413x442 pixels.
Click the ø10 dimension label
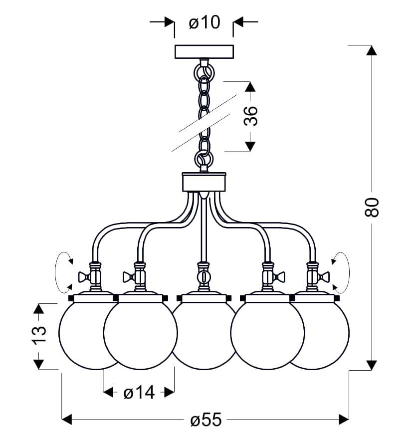[x=205, y=22]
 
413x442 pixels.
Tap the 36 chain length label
[x=252, y=116]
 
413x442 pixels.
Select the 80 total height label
[x=372, y=207]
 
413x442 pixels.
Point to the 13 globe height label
[x=39, y=334]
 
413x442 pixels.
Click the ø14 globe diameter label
[x=138, y=393]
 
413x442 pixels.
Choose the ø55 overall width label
[x=205, y=420]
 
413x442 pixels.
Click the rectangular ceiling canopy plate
[x=204, y=51]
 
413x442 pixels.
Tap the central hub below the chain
[x=204, y=182]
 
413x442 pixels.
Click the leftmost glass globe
[x=80, y=335]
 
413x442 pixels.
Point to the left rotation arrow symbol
[x=63, y=272]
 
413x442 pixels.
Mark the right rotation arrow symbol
[x=342, y=272]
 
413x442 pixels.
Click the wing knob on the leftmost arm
[x=83, y=275]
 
